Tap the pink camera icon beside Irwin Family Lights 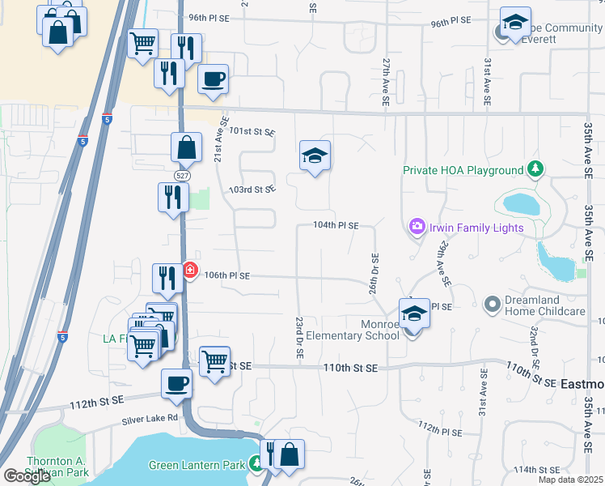(x=417, y=227)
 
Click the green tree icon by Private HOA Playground (x=534, y=169)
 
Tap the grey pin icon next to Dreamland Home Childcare (x=492, y=305)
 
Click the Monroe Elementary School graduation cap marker (x=414, y=312)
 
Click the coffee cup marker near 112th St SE (x=176, y=383)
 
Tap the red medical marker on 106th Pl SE (x=190, y=270)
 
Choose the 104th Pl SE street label (x=336, y=226)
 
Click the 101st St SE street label (x=252, y=131)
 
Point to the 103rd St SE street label (x=252, y=190)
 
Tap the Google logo (x=27, y=476)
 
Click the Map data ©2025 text (x=571, y=480)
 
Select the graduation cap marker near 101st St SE (x=315, y=156)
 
